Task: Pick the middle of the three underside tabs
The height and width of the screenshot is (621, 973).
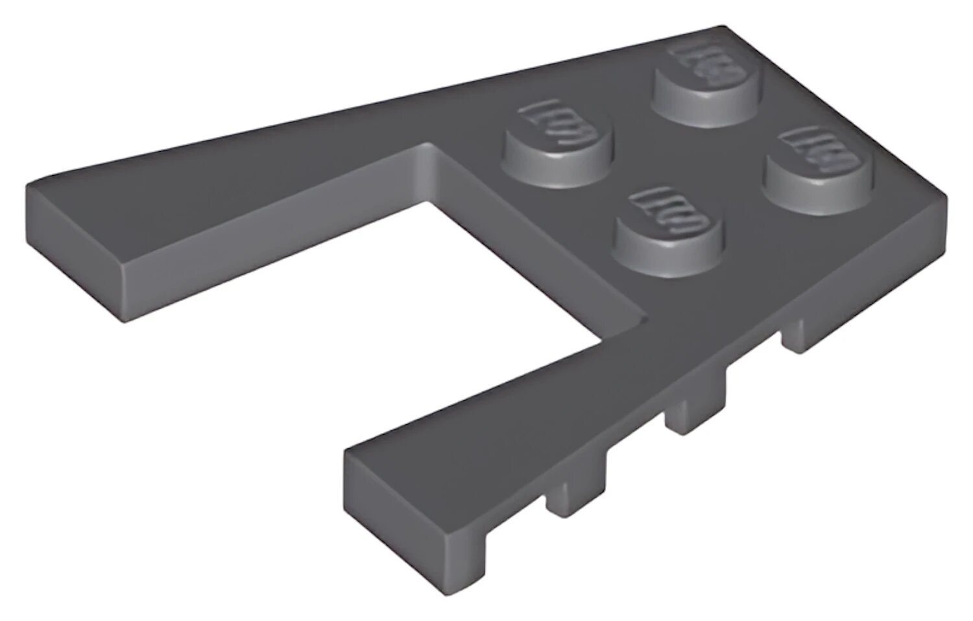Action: [x=697, y=415]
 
